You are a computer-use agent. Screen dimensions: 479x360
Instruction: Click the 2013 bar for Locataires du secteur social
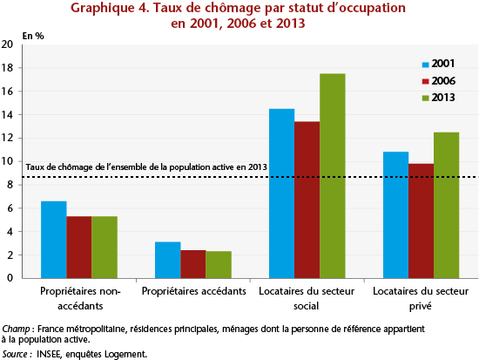[333, 176]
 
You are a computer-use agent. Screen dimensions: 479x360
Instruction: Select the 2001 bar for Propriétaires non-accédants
[54, 240]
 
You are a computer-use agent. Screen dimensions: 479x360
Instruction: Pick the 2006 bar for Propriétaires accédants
[193, 264]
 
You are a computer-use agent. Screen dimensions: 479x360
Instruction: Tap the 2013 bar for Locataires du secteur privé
[446, 205]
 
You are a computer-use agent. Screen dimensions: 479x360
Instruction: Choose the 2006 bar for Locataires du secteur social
[307, 200]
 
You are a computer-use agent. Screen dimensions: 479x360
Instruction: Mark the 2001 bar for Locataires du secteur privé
[396, 215]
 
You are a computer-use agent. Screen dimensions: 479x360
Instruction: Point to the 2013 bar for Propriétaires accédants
[219, 265]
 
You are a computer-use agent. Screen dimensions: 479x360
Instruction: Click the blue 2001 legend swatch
[426, 65]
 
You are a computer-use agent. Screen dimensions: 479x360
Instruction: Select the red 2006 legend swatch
[426, 82]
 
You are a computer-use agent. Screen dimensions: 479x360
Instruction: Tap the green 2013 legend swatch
[426, 98]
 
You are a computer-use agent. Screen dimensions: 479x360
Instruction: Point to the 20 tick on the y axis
[7, 44]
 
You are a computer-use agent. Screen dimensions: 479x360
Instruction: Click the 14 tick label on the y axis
[7, 115]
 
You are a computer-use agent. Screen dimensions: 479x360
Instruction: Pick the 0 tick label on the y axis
[10, 278]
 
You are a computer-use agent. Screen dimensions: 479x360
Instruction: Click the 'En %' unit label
[33, 36]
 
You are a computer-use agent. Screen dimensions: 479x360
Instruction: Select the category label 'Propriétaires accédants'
[193, 291]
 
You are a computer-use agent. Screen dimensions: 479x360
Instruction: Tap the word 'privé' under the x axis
[421, 306]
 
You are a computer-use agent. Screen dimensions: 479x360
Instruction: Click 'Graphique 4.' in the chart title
[110, 8]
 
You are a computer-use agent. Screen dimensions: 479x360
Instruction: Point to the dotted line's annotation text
[146, 167]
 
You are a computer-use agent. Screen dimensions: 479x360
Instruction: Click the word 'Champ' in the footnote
[16, 329]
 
